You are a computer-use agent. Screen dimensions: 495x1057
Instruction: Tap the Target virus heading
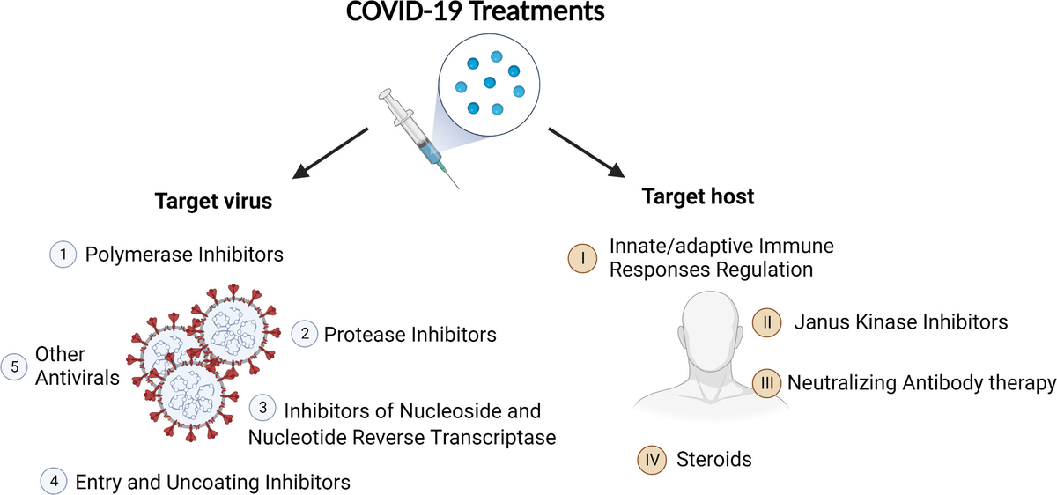(213, 201)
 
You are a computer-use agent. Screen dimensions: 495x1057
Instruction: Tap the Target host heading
(698, 196)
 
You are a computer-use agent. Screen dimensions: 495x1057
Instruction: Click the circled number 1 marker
(63, 255)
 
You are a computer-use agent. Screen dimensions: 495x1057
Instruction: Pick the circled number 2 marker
(304, 335)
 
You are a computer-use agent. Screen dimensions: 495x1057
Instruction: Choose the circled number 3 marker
(263, 409)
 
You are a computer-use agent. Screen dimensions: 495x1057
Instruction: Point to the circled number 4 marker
(54, 481)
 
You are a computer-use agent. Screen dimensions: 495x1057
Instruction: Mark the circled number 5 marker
(15, 366)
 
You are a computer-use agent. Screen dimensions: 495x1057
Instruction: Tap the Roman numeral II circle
(766, 321)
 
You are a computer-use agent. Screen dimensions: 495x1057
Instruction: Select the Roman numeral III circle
(766, 383)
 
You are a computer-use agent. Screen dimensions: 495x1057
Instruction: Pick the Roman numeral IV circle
(651, 459)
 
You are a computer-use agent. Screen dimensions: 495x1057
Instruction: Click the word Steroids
(713, 459)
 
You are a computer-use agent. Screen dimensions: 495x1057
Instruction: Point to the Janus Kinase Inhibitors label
(900, 321)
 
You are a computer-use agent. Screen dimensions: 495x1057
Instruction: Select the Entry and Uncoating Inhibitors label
(213, 482)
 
